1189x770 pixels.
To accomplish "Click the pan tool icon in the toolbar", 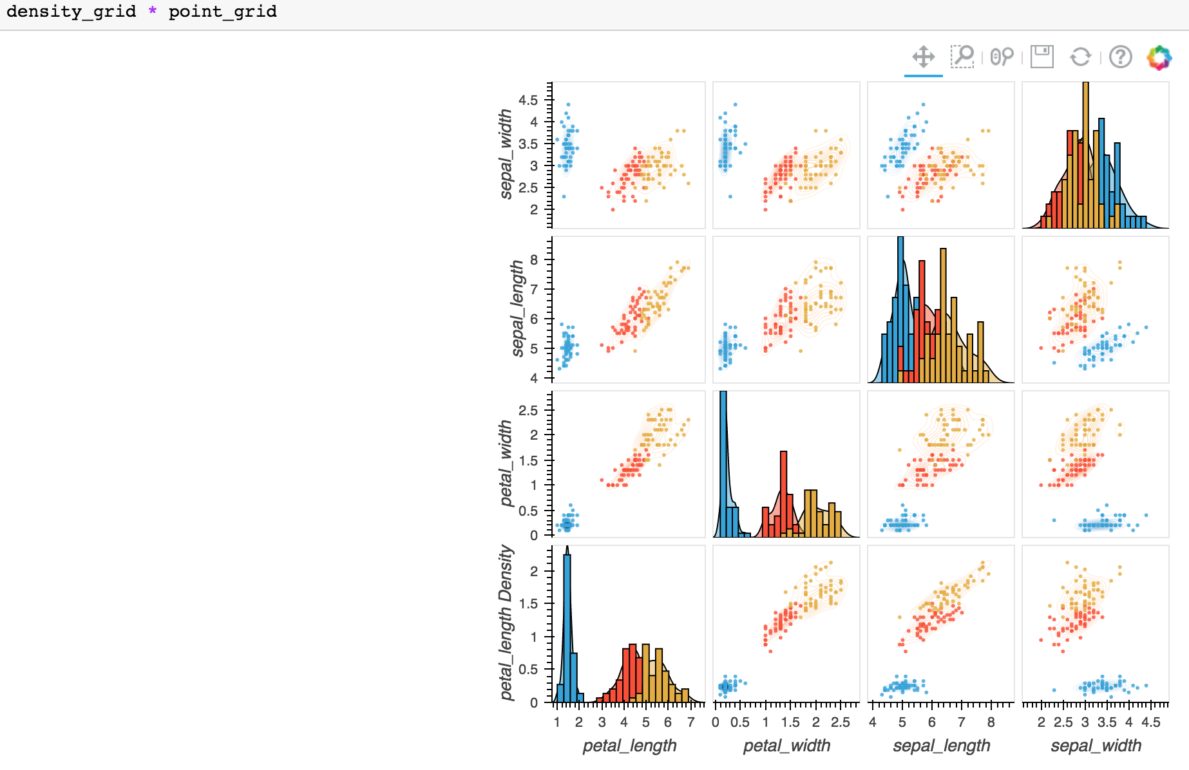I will (x=923, y=57).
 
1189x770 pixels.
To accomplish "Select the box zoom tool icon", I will (x=962, y=57).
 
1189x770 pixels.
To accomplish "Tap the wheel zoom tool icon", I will (x=1002, y=57).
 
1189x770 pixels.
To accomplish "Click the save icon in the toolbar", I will (x=1042, y=57).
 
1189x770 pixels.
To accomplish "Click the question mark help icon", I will (x=1121, y=57).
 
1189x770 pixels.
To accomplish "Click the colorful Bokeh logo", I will (x=1159, y=57).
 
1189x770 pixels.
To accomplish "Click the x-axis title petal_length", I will (x=629, y=746).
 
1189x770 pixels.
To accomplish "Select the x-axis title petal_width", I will (x=786, y=746).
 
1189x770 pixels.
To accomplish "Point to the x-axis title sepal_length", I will (x=941, y=746).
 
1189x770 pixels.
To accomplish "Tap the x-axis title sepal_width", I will (x=1096, y=746).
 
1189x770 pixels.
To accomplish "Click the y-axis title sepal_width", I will (x=506, y=154).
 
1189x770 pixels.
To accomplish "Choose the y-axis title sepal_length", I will (x=517, y=308).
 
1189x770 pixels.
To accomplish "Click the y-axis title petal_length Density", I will (x=506, y=623).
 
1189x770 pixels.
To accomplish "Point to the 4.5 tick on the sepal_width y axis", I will (x=528, y=100).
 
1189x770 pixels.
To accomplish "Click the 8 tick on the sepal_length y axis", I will (x=533, y=259).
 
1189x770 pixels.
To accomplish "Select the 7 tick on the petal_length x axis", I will (x=690, y=722).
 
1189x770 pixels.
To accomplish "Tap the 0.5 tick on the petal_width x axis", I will (x=739, y=722).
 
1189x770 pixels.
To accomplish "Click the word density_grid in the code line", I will (x=71, y=12).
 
